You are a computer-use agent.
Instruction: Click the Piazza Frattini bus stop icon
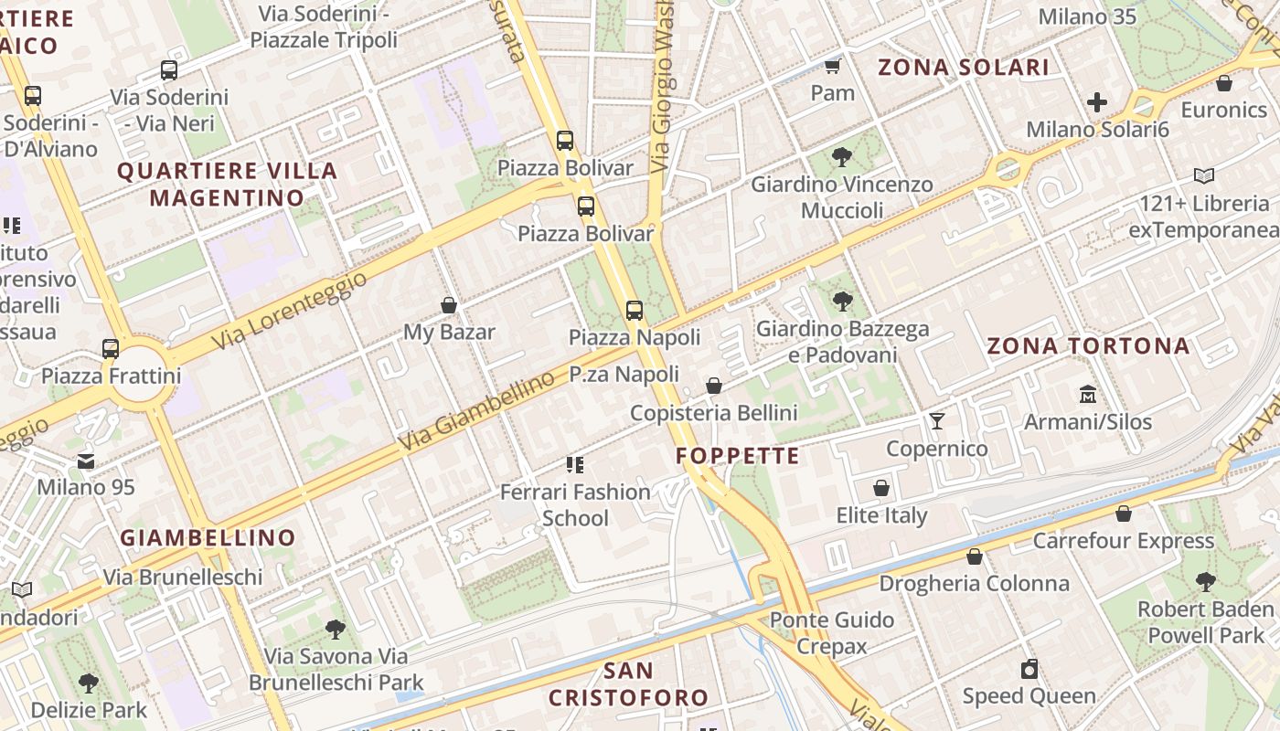[111, 348]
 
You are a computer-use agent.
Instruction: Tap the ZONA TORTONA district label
[1088, 346]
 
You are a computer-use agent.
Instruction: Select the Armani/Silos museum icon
[1088, 395]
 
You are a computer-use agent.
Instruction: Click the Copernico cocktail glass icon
[937, 421]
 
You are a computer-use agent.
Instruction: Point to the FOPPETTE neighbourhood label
[738, 456]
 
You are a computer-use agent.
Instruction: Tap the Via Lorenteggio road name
[289, 311]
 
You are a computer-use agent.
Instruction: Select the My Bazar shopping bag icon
[449, 305]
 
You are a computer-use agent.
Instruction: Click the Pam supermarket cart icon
[832, 67]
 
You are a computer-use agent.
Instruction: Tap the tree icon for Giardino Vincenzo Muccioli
[842, 157]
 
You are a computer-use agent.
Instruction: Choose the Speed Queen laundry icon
[1029, 669]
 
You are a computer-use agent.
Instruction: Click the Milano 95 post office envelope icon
[86, 461]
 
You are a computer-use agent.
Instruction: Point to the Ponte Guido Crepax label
[831, 633]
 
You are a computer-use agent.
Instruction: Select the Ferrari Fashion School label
[575, 505]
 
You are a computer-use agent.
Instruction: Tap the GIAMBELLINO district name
[208, 537]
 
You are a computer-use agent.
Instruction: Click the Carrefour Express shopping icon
[1124, 514]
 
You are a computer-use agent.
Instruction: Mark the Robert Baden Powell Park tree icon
[1206, 581]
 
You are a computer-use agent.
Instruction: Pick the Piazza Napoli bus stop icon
[635, 311]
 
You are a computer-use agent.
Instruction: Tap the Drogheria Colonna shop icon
[975, 556]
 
